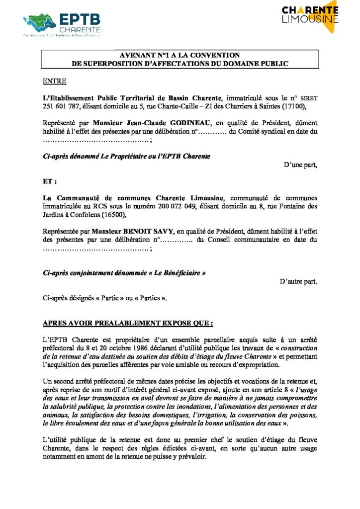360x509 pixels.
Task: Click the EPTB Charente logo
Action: pyautogui.click(x=62, y=24)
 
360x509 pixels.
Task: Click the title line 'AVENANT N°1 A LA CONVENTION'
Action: pyautogui.click(x=180, y=55)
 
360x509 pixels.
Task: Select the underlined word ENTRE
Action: pyautogui.click(x=54, y=81)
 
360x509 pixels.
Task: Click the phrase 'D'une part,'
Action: pyautogui.click(x=300, y=165)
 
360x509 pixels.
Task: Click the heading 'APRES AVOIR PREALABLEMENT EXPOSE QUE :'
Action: pyautogui.click(x=128, y=323)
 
